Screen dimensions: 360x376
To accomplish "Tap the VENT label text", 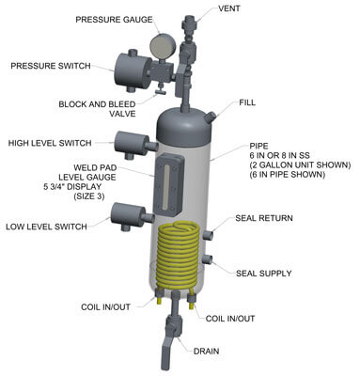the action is tap(229, 8).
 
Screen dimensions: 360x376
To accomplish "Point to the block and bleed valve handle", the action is tap(160, 91).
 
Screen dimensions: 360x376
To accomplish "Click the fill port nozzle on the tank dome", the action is tap(211, 117).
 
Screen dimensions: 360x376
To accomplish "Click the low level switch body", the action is tap(128, 215).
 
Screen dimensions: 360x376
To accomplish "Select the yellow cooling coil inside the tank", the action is tap(177, 256).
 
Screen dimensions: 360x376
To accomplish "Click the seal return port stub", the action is tap(209, 235).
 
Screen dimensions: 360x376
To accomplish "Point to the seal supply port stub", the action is tap(208, 259).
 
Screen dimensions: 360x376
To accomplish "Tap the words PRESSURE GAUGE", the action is tap(114, 20).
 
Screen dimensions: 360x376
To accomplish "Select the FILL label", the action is tap(247, 102).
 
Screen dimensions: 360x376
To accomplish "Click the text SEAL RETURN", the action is tap(264, 218).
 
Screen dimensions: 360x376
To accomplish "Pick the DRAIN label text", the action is tap(206, 351).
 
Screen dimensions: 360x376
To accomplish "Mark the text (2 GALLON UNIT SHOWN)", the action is tap(300, 164).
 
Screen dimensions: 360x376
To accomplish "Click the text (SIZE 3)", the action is tap(89, 196).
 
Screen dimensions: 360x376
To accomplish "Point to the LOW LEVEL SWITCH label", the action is tap(46, 227).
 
